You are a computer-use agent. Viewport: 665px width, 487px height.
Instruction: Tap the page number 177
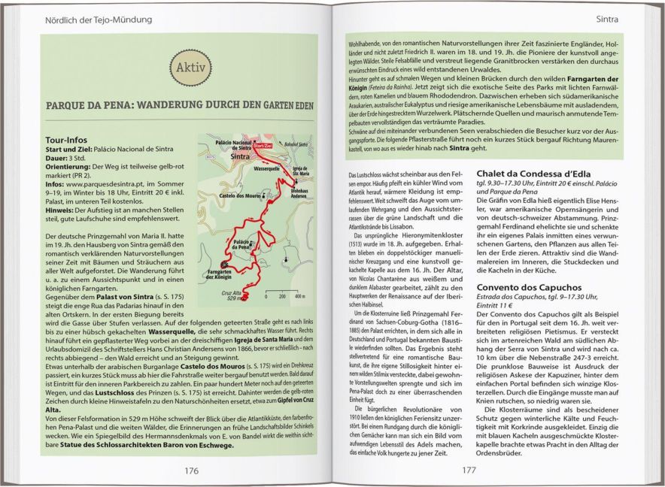click(x=469, y=470)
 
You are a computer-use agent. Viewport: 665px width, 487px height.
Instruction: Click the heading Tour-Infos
click(x=66, y=140)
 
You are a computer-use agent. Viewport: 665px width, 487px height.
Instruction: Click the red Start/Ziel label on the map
click(x=264, y=147)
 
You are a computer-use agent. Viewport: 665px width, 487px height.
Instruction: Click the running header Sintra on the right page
click(x=612, y=18)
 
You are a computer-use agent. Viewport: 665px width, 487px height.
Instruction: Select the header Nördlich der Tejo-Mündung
click(x=99, y=18)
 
